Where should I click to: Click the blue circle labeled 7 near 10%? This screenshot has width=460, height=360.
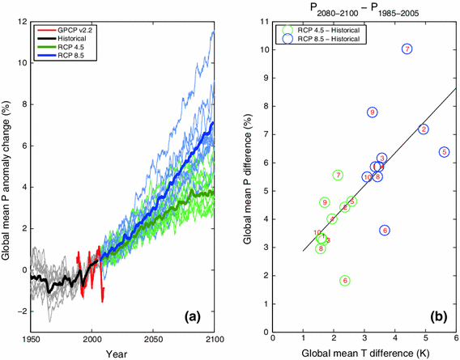(407, 49)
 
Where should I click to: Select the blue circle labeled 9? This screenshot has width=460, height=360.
(372, 112)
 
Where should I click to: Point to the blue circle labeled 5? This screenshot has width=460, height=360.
(444, 152)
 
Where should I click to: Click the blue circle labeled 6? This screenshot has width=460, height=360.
(385, 230)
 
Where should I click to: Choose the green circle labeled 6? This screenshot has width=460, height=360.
(345, 281)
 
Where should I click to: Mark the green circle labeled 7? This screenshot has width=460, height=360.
(338, 175)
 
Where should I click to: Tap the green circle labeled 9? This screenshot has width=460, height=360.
(325, 202)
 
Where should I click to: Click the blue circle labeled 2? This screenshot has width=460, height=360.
(424, 129)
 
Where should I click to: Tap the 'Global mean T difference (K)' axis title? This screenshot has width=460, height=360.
(364, 354)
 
